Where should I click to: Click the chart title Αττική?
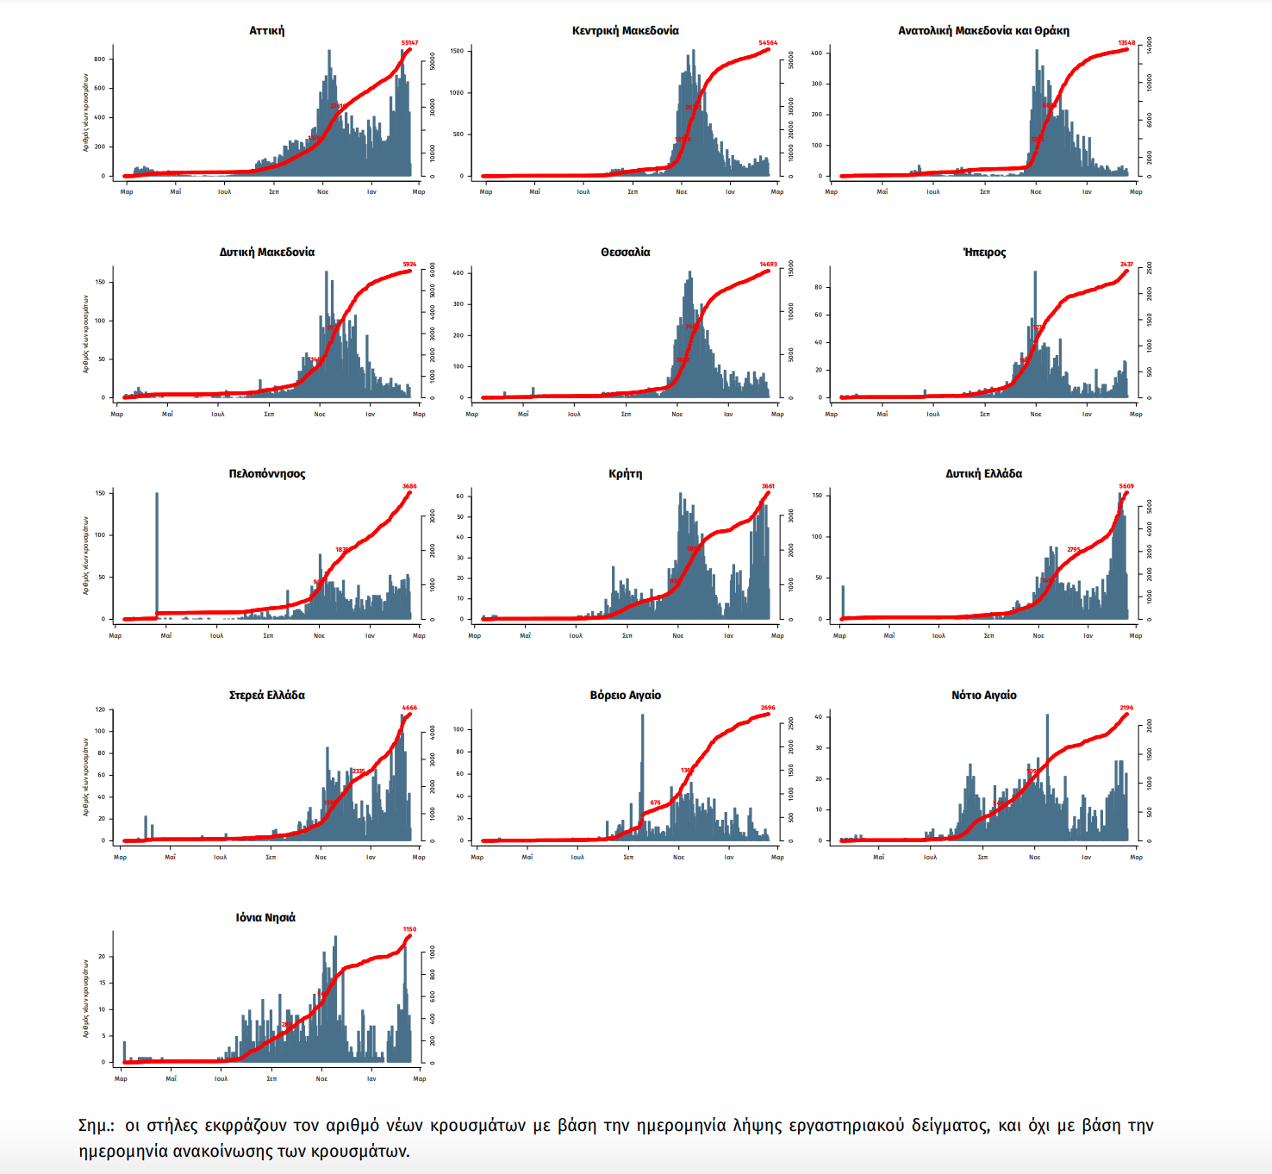266,31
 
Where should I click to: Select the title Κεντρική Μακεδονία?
625,31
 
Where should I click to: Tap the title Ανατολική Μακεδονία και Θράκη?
983,31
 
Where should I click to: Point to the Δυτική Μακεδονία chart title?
266,253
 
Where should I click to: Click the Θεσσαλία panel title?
625,253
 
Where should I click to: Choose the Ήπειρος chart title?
984,253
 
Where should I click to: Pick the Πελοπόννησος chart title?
266,474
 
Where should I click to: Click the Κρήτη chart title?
625,474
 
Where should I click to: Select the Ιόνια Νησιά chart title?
265,918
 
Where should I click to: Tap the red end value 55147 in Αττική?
409,42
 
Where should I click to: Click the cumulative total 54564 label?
768,42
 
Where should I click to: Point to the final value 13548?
1126,42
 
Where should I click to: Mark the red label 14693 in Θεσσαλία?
768,265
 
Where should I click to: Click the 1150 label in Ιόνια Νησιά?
409,929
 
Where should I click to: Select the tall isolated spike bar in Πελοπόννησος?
157,552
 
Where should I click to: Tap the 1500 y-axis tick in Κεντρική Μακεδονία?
457,51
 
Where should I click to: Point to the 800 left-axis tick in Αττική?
100,59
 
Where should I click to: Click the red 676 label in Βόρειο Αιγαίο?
655,802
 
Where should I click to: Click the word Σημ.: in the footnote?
96,1126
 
